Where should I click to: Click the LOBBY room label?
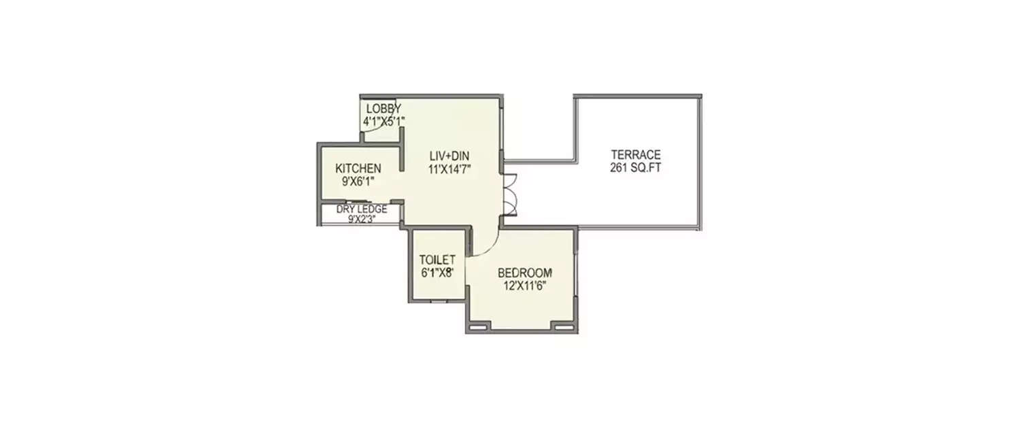point(384,109)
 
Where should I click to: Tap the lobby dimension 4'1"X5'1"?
point(384,121)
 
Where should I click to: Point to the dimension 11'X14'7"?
point(450,168)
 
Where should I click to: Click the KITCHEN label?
point(358,169)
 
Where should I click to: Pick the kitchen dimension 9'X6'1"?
point(358,181)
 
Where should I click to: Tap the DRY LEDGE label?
point(362,209)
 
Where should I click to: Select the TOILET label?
point(437,260)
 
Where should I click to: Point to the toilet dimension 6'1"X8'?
point(437,272)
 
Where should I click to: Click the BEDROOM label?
point(525,273)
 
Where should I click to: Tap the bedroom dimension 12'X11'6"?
point(525,285)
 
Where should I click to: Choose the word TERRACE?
point(635,154)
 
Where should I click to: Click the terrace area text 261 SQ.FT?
point(635,167)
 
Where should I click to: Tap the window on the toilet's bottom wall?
point(439,301)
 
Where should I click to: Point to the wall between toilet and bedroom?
point(468,272)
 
